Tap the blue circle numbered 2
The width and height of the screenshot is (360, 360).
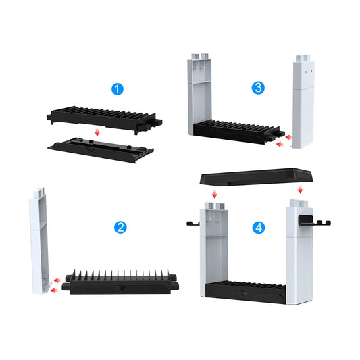click(x=120, y=227)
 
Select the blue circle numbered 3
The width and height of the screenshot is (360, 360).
click(x=257, y=87)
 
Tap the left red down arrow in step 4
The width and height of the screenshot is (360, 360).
click(x=214, y=195)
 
